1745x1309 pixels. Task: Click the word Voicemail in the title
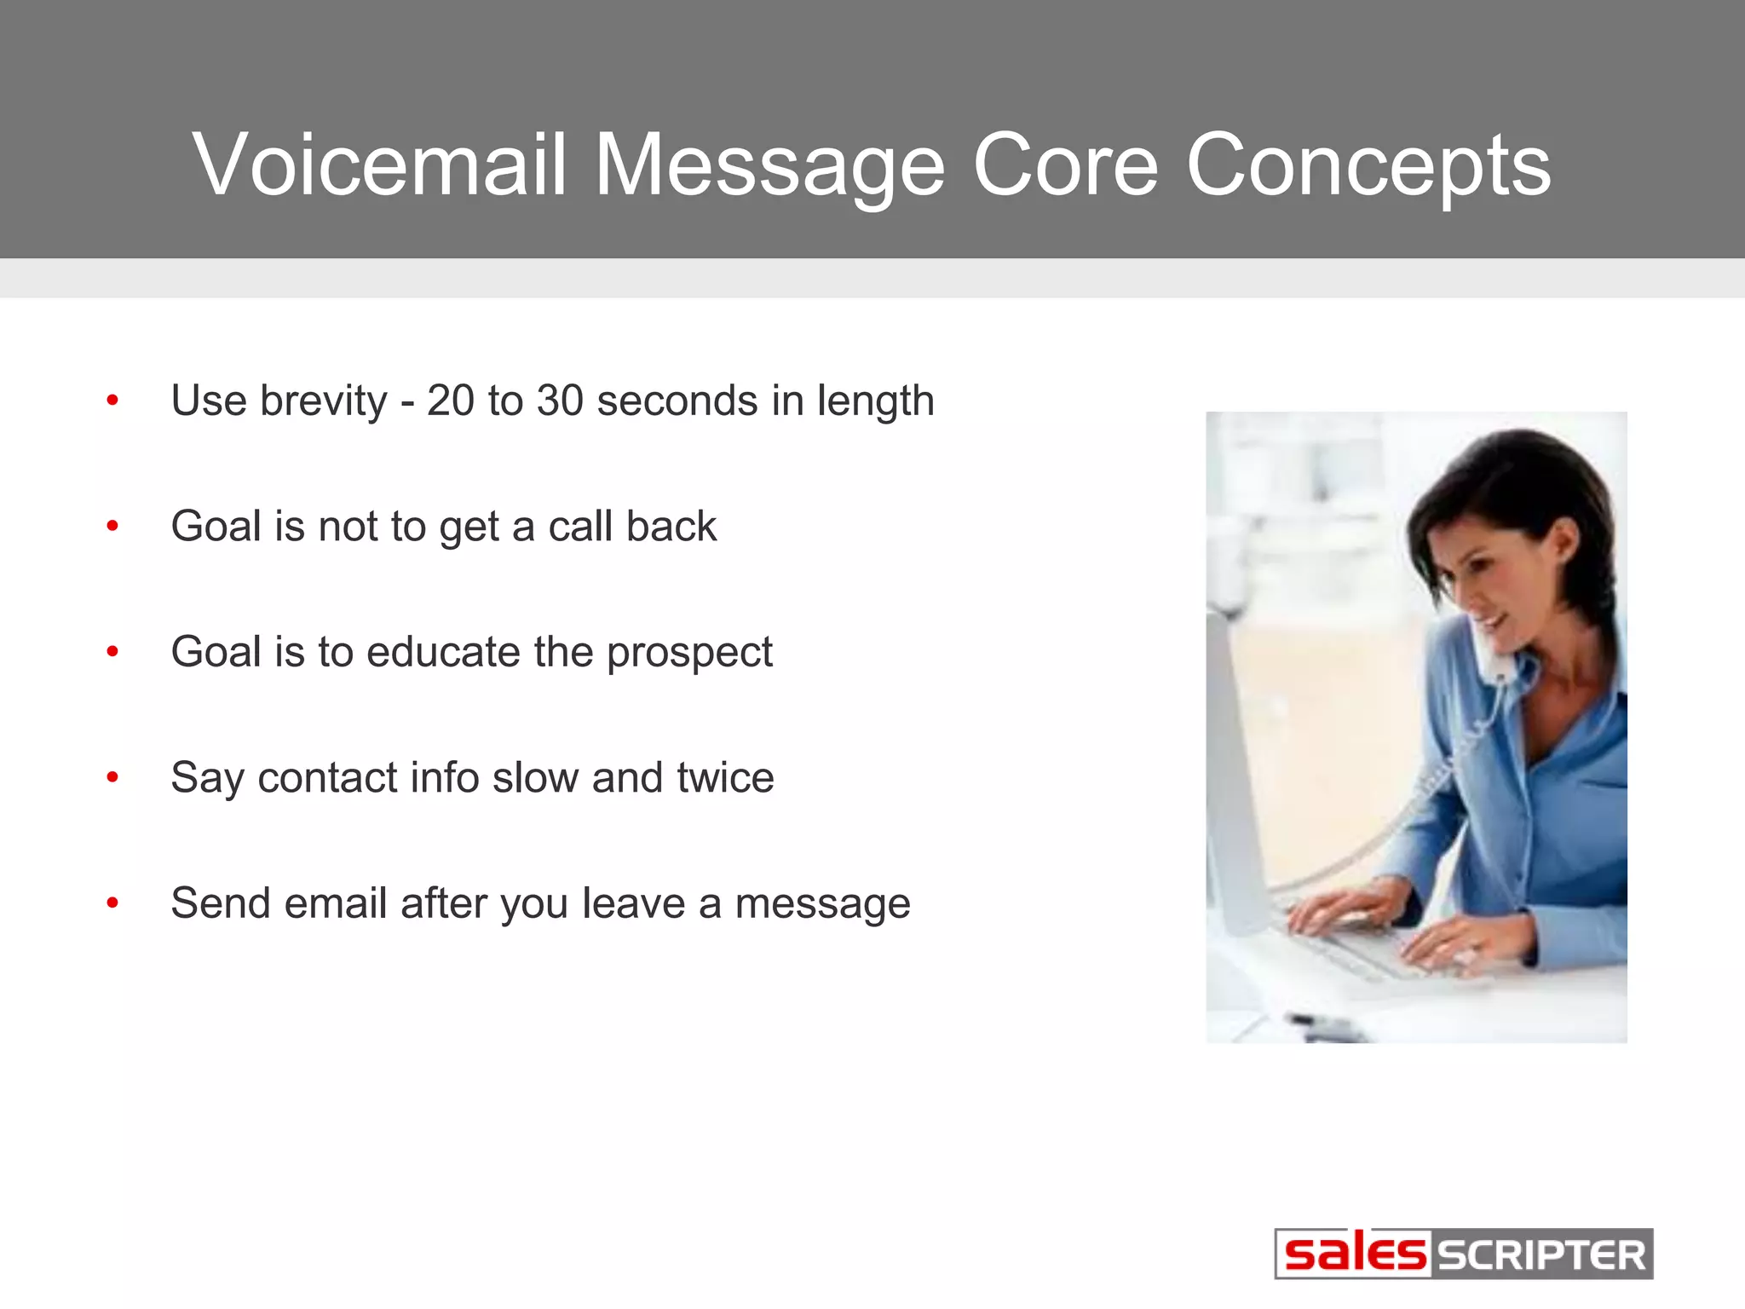coord(380,164)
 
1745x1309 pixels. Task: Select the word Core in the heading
coord(1065,164)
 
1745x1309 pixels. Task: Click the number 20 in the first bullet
coord(451,401)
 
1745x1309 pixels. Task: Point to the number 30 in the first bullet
coord(560,401)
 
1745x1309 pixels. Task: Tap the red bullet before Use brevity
coord(112,401)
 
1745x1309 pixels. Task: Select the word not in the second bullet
coord(348,527)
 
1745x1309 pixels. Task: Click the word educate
coord(443,652)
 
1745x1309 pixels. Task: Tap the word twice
coord(725,777)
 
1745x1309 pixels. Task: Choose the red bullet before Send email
coord(112,903)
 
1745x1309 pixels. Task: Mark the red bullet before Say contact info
coord(112,777)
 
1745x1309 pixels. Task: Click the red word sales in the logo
coord(1355,1254)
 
